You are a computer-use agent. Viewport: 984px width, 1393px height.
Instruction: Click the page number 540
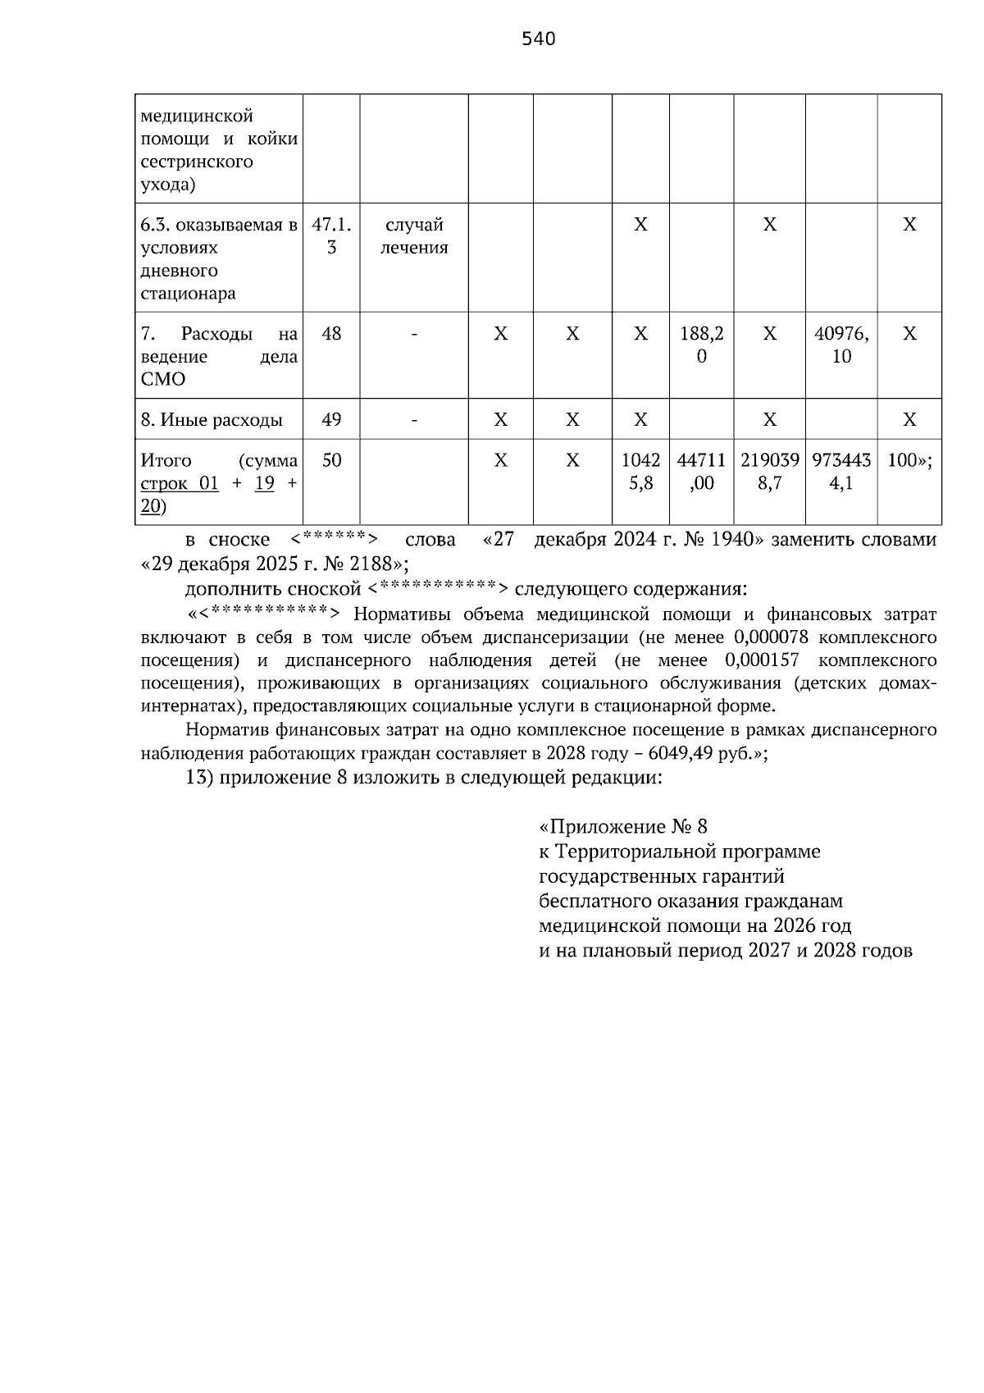click(x=539, y=39)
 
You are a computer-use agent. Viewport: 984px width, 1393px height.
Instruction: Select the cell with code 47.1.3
click(x=331, y=236)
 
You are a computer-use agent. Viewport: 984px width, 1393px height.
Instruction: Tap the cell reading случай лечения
click(x=414, y=236)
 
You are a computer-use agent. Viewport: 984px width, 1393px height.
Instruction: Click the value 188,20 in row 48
click(x=702, y=345)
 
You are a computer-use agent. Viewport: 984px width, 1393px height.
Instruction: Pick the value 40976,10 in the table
click(x=841, y=345)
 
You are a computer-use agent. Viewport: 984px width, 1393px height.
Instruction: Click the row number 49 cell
click(x=331, y=420)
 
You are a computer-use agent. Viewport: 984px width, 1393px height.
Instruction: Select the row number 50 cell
click(x=331, y=460)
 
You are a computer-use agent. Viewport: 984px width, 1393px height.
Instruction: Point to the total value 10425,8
click(x=640, y=472)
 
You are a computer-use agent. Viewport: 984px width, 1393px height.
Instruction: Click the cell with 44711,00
click(x=702, y=472)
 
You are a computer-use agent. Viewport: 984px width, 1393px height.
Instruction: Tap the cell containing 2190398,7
click(x=769, y=472)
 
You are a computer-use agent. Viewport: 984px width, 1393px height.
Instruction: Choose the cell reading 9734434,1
click(x=841, y=472)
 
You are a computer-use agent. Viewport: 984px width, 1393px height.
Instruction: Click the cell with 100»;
click(x=909, y=460)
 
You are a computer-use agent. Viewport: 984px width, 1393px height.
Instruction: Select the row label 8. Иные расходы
click(x=212, y=420)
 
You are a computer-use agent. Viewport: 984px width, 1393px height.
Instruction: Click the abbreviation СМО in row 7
click(x=163, y=380)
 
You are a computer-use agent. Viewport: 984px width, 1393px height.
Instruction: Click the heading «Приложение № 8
click(x=623, y=826)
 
